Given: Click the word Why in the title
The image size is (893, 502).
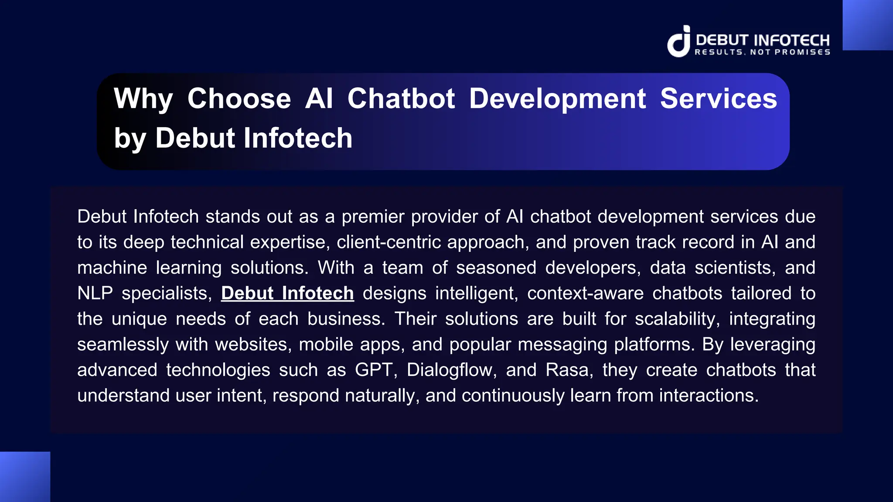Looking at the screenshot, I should tap(143, 98).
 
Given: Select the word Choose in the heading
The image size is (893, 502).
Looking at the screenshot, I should tap(239, 98).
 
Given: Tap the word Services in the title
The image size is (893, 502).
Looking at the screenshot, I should tap(718, 98).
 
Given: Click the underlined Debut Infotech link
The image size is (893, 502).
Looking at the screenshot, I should tap(287, 293).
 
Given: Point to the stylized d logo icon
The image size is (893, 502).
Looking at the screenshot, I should tap(679, 41).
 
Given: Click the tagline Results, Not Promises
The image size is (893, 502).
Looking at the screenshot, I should tap(762, 52).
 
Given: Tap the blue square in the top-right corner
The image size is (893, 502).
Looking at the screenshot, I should tap(868, 25).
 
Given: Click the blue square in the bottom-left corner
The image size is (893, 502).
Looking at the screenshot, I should tap(25, 477).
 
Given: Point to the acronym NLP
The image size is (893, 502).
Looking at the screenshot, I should tap(95, 293).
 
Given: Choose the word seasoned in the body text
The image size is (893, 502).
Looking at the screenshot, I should tap(496, 268).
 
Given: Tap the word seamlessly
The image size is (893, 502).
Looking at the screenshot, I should tap(123, 345).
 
